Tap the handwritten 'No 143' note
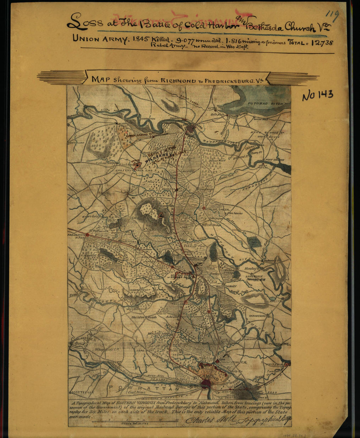pos(317,95)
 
